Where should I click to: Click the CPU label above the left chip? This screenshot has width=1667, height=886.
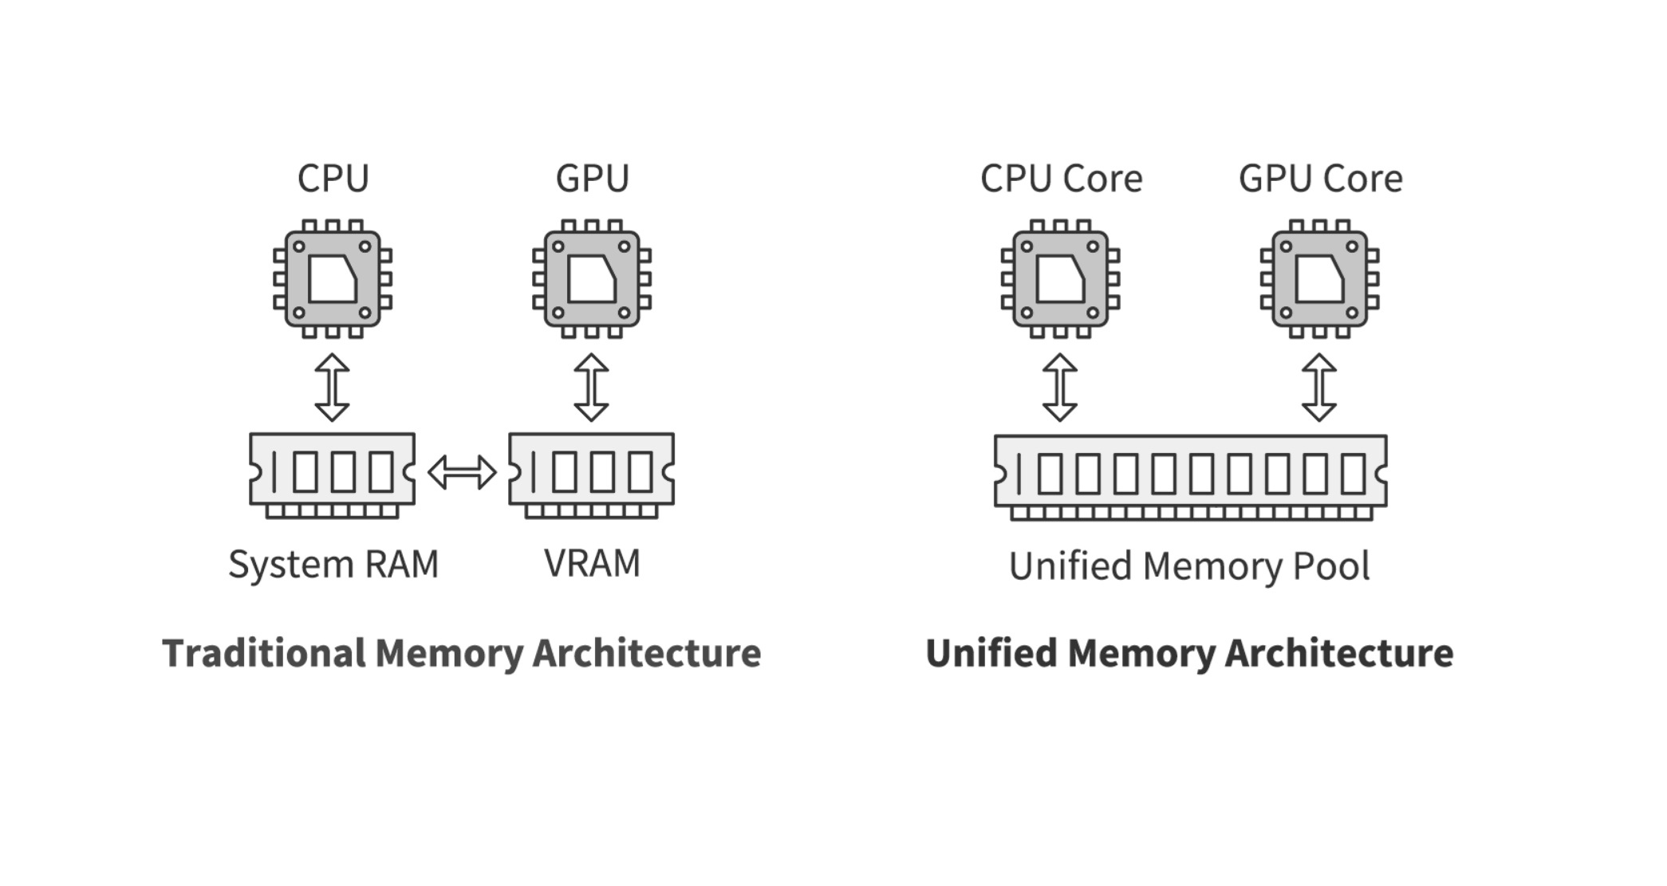point(333,179)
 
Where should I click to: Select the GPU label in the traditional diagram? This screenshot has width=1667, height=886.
point(592,179)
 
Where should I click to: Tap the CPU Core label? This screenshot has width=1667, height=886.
point(1061,179)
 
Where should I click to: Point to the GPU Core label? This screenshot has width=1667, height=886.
point(1320,179)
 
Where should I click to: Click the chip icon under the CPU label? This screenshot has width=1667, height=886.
point(333,279)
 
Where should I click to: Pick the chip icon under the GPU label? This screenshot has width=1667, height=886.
point(592,279)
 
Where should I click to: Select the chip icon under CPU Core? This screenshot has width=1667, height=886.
point(1060,279)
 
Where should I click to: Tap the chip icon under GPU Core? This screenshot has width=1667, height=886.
point(1319,279)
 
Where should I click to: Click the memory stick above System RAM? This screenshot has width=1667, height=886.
point(333,475)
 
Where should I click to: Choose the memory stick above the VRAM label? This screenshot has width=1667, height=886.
point(592,475)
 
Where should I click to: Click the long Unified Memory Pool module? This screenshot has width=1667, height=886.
point(1191,476)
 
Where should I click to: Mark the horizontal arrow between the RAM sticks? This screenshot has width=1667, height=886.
point(462,472)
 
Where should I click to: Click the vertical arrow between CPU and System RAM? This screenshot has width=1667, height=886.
point(333,388)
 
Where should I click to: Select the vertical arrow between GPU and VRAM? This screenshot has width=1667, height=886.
point(592,388)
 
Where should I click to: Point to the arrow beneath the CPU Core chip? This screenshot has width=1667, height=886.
point(1060,388)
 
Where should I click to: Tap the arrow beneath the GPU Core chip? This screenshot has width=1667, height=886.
point(1319,388)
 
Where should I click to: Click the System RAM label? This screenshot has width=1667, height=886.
point(333,565)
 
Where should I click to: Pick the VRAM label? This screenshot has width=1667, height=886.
point(592,563)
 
